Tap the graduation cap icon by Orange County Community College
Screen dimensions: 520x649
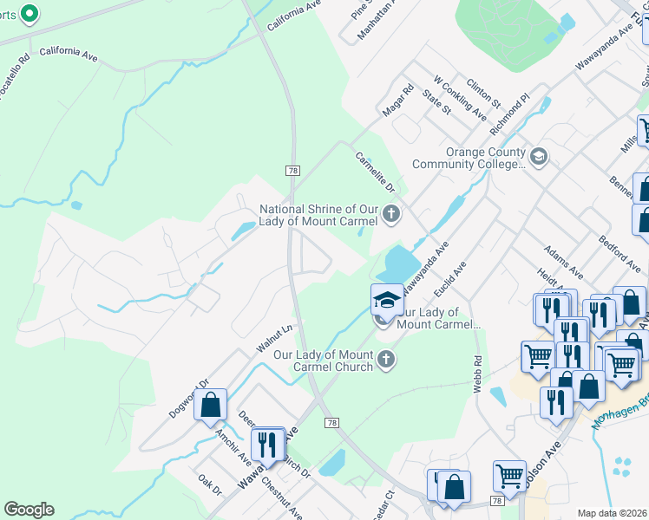[539, 157]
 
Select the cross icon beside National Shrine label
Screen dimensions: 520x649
[391, 213]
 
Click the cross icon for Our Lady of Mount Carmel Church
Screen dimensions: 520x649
[387, 358]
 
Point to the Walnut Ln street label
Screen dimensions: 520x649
[276, 338]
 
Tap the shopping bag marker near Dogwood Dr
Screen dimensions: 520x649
[211, 405]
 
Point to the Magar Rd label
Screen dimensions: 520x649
[398, 101]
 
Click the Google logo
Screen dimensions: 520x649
[29, 510]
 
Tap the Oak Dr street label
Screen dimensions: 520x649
[210, 484]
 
